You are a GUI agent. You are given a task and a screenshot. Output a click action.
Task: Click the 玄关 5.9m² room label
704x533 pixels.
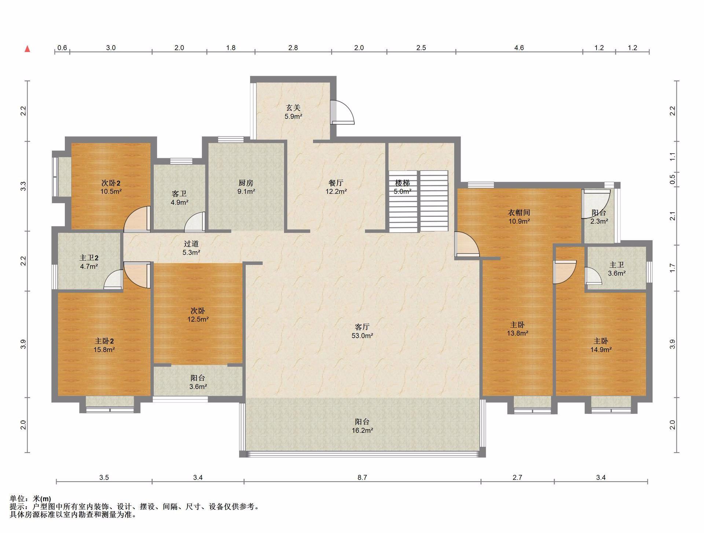tap(293, 112)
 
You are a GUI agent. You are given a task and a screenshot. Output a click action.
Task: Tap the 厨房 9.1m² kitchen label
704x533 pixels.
tap(246, 187)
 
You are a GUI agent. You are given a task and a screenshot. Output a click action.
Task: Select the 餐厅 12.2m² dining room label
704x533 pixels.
tap(336, 187)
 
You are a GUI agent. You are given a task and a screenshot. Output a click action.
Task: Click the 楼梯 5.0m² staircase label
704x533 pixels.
tap(403, 187)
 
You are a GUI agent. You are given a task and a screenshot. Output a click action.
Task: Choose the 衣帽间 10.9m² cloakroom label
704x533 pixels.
tap(519, 217)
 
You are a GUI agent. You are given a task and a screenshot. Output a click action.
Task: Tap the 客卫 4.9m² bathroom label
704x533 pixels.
tap(179, 198)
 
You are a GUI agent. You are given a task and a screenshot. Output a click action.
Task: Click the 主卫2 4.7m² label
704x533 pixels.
tap(89, 262)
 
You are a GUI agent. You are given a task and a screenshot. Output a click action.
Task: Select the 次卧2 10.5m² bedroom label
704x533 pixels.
tap(111, 187)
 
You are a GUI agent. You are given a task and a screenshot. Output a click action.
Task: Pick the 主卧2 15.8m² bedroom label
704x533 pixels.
tap(104, 346)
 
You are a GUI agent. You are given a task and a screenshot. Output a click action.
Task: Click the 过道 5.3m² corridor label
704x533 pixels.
tap(191, 248)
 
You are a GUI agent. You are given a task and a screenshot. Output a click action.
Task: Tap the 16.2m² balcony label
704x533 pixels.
tap(362, 426)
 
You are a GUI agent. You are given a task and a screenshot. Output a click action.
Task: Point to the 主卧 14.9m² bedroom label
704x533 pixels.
tap(601, 346)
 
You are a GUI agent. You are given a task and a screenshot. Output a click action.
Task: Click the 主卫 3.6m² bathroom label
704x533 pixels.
tap(617, 269)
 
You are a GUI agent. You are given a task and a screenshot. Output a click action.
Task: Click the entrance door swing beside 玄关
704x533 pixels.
tap(342, 112)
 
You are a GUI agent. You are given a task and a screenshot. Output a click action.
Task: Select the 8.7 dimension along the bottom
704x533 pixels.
tap(362, 477)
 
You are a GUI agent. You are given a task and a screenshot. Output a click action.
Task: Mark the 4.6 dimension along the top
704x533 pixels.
tap(519, 48)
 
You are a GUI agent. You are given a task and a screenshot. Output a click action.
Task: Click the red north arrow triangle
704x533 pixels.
tap(27, 49)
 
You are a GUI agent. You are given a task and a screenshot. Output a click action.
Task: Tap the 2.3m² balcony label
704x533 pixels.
tap(599, 217)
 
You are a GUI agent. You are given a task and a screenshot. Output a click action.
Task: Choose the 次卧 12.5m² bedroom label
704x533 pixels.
tap(198, 315)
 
